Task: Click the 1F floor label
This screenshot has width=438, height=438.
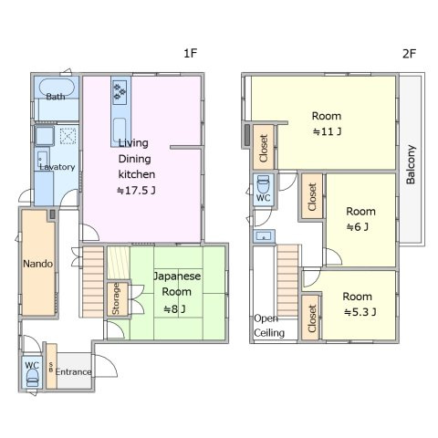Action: [x=191, y=53]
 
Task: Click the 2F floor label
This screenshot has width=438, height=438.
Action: [x=409, y=54]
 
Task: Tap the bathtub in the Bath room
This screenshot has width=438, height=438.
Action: [x=57, y=88]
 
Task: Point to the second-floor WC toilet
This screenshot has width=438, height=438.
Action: [x=263, y=184]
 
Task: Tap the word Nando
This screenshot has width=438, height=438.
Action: [x=38, y=264]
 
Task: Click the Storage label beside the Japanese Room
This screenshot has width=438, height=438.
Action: [x=116, y=298]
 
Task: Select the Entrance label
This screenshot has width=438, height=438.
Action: [x=73, y=371]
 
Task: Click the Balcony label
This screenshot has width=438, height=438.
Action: [x=411, y=164]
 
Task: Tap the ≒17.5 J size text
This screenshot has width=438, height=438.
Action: [x=136, y=191]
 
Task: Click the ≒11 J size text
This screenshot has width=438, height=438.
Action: [x=327, y=131]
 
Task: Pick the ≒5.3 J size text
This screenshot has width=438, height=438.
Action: [x=360, y=312]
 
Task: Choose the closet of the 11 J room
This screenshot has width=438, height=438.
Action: [x=264, y=148]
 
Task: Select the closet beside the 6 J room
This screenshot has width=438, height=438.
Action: [x=312, y=196]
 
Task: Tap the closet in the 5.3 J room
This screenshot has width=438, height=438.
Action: [x=311, y=318]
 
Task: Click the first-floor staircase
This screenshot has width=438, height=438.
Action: [x=93, y=282]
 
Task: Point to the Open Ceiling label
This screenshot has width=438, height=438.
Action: [x=269, y=326]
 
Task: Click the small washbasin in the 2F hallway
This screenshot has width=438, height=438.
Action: [x=264, y=236]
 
